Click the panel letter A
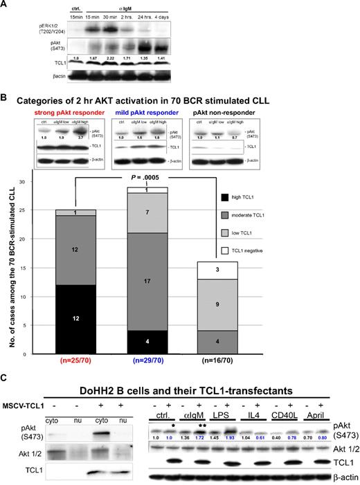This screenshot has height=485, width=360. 5,6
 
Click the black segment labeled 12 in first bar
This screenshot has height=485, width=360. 77,318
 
